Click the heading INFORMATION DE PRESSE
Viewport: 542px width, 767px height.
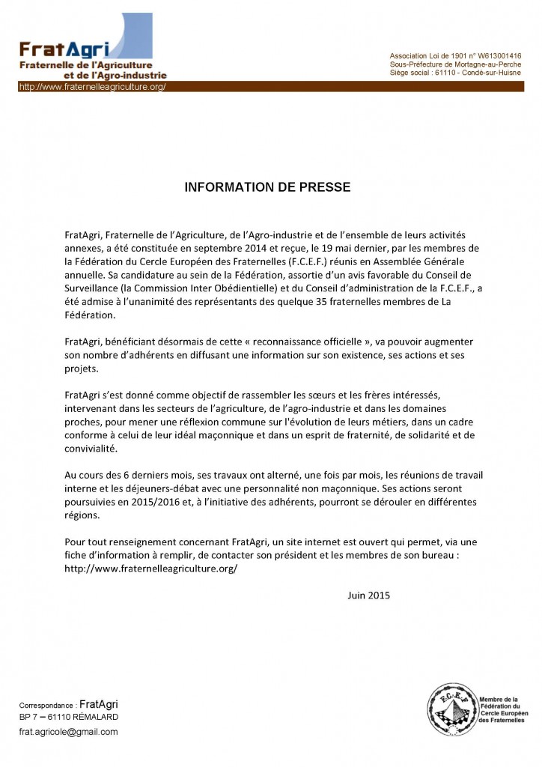(x=267, y=187)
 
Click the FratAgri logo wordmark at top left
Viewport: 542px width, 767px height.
(x=64, y=50)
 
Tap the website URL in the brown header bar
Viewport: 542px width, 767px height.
(x=91, y=87)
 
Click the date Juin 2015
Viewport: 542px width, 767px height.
(x=369, y=595)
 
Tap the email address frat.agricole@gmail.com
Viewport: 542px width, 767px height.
(x=68, y=732)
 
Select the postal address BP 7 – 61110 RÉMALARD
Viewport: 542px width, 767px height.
(x=68, y=717)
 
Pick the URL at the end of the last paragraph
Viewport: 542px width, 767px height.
(x=151, y=569)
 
